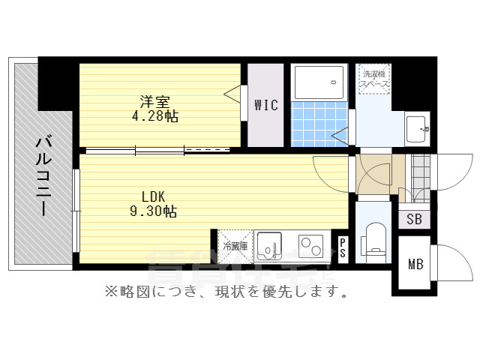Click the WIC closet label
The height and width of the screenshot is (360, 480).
pyautogui.click(x=266, y=106)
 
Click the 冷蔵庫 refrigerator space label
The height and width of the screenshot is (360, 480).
pyautogui.click(x=234, y=245)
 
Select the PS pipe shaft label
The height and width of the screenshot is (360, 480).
pyautogui.click(x=342, y=247)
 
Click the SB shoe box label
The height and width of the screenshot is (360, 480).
pyautogui.click(x=414, y=220)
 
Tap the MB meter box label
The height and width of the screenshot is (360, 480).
pyautogui.click(x=415, y=264)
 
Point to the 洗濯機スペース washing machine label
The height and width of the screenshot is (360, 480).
pyautogui.click(x=374, y=79)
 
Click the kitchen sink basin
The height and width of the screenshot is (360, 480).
pyautogui.click(x=269, y=245)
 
